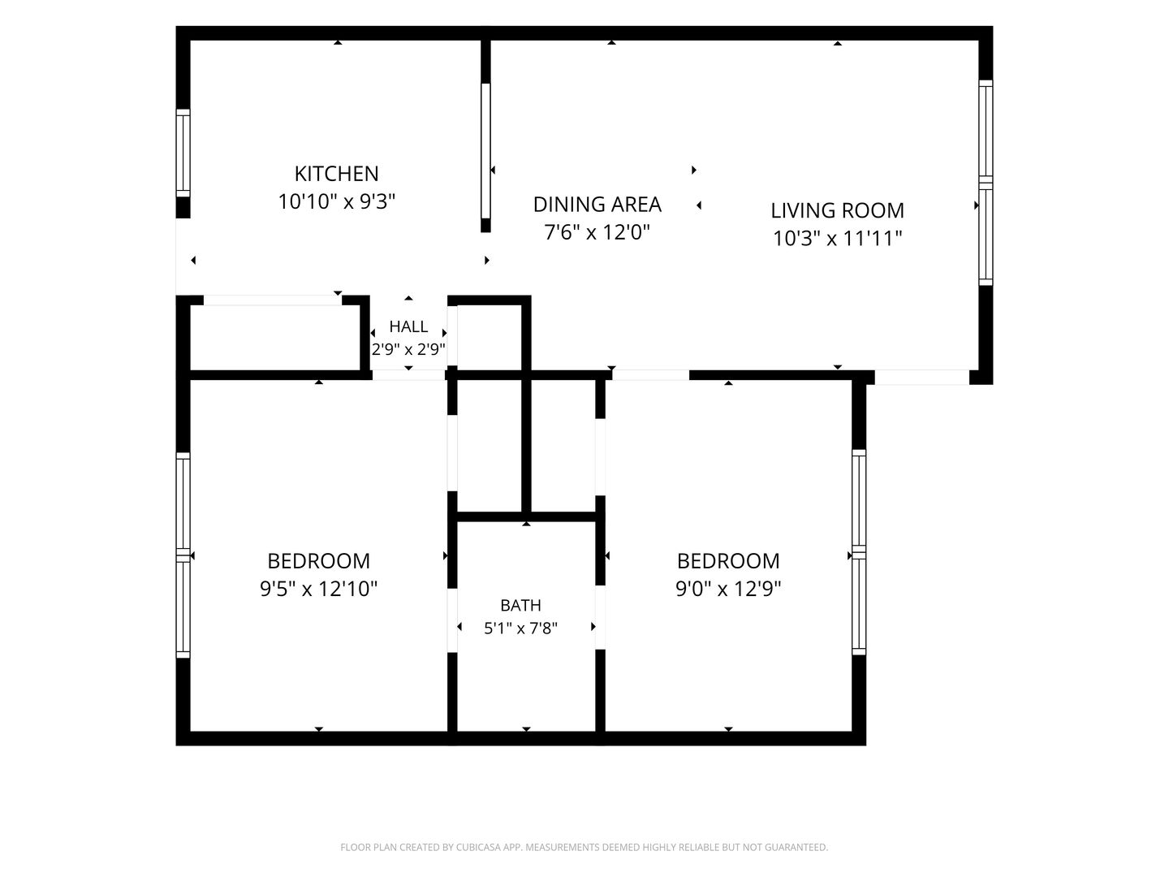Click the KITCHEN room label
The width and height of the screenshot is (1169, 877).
pyautogui.click(x=337, y=174)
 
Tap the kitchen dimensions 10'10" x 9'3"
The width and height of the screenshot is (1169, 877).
pyautogui.click(x=337, y=202)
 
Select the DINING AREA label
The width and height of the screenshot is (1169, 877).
pyautogui.click(x=597, y=205)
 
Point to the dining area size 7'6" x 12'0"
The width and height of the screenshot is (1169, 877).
pyautogui.click(x=597, y=232)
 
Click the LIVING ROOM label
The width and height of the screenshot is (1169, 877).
pyautogui.click(x=837, y=210)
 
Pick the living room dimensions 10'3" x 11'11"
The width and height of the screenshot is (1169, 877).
pyautogui.click(x=837, y=238)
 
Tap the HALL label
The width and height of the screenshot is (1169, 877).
pyautogui.click(x=408, y=326)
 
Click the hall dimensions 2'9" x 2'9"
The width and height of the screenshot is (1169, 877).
pyautogui.click(x=408, y=349)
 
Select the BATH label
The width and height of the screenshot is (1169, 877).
pyautogui.click(x=521, y=605)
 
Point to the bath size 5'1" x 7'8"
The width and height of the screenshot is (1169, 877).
pyautogui.click(x=521, y=629)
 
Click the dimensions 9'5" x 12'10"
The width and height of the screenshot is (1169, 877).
pyautogui.click(x=318, y=589)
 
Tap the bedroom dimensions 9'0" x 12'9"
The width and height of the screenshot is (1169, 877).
pyautogui.click(x=728, y=589)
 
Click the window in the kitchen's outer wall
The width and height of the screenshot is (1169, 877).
pyautogui.click(x=183, y=153)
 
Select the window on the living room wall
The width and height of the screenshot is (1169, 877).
pyautogui.click(x=986, y=183)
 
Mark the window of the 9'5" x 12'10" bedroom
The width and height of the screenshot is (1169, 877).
pyautogui.click(x=183, y=555)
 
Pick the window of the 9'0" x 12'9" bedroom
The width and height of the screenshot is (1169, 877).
pyautogui.click(x=859, y=552)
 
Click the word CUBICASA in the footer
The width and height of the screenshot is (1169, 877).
pyautogui.click(x=478, y=847)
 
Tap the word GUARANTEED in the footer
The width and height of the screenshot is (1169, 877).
pyautogui.click(x=796, y=847)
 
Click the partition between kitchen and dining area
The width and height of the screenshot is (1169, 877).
pyautogui.click(x=485, y=136)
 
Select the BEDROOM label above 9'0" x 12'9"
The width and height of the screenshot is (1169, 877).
pyautogui.click(x=728, y=561)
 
